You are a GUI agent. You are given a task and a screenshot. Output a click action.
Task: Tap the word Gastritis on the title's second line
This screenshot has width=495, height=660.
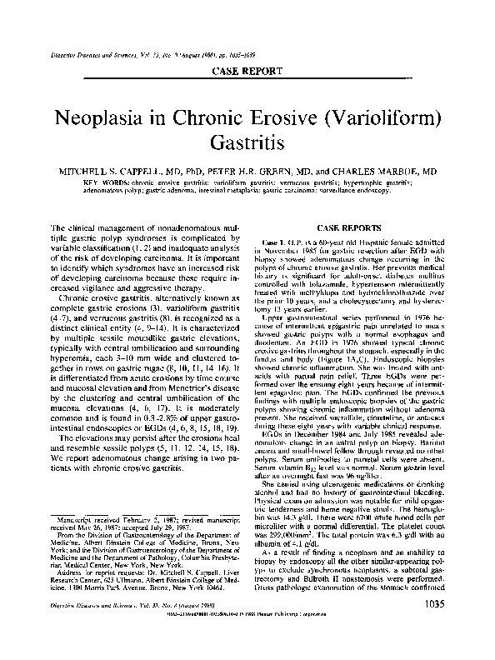tap(247, 144)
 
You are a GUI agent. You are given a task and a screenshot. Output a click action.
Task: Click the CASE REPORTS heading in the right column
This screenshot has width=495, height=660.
tap(357, 227)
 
